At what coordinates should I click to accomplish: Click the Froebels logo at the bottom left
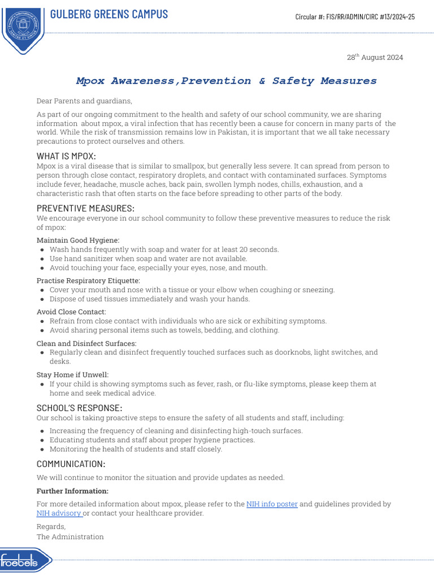(x=25, y=560)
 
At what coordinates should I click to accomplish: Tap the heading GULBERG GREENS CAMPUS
(x=109, y=14)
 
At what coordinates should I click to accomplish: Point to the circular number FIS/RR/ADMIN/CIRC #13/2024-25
(x=355, y=17)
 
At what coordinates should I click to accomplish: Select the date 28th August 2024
(x=375, y=58)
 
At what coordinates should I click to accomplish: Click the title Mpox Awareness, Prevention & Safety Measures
(x=226, y=81)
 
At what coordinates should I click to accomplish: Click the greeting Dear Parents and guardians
(x=84, y=101)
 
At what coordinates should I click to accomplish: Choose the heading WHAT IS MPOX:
(x=66, y=155)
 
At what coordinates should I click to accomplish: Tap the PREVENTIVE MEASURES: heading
(x=85, y=208)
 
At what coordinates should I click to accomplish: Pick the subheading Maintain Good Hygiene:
(x=78, y=240)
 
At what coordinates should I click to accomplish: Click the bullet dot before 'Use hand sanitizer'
(x=42, y=259)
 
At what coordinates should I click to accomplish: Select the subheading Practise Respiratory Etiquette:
(x=88, y=280)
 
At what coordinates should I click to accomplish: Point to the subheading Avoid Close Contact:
(x=71, y=312)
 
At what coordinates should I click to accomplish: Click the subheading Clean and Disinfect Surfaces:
(x=86, y=343)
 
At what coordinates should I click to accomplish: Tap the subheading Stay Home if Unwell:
(x=72, y=374)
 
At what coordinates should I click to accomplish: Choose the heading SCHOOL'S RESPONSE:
(x=79, y=408)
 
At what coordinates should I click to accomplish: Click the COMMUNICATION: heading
(x=71, y=464)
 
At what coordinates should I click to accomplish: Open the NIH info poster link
(x=272, y=504)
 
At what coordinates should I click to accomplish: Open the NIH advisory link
(x=59, y=513)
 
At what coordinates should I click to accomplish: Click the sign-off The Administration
(x=70, y=537)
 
